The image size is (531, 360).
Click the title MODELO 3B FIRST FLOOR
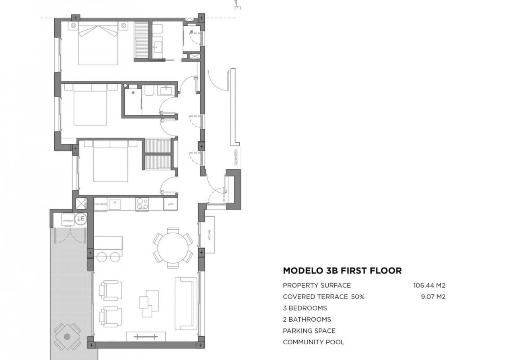342,271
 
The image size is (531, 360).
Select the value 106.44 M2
429,286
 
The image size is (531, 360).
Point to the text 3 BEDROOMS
305,308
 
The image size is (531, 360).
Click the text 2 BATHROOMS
307,319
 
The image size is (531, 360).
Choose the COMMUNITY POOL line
313,342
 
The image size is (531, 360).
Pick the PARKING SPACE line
309,331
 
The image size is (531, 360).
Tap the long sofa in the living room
185,303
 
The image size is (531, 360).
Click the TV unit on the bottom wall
146,337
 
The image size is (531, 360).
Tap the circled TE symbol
81,219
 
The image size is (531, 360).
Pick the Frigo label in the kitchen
169,204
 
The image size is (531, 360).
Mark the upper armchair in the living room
111,290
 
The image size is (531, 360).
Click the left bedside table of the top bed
74,26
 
